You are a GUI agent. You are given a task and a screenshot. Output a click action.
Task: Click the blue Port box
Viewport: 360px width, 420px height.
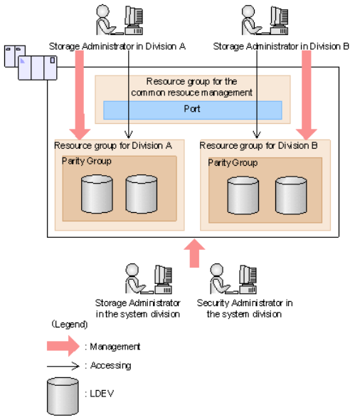click(x=192, y=110)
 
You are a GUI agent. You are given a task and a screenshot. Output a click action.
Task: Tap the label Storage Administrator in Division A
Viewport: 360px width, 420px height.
click(x=117, y=46)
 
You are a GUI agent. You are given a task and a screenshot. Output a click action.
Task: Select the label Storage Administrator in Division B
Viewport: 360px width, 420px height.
click(x=281, y=46)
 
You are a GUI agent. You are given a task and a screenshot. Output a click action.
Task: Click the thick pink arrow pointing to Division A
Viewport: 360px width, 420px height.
click(x=80, y=95)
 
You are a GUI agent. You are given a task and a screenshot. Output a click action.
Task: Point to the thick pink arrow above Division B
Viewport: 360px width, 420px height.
click(x=307, y=95)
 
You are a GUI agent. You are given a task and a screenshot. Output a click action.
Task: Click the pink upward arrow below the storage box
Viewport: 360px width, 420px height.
click(x=194, y=253)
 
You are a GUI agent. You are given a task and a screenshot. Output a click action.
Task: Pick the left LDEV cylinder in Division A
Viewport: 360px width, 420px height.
click(x=97, y=194)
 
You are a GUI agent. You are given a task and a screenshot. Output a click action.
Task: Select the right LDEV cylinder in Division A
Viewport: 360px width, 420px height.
click(x=142, y=194)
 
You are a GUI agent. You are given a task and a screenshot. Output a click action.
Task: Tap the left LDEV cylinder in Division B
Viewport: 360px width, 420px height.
click(x=243, y=195)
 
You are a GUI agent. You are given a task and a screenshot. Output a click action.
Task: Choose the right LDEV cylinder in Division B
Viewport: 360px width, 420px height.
click(x=291, y=195)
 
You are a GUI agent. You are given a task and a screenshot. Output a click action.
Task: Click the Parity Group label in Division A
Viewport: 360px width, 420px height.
click(x=87, y=162)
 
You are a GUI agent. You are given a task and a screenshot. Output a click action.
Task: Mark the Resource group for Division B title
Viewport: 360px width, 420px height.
click(x=258, y=146)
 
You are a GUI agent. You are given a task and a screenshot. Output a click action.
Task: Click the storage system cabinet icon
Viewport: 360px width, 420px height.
click(x=31, y=63)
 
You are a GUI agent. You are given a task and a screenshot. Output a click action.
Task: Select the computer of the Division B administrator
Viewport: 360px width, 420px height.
click(x=279, y=21)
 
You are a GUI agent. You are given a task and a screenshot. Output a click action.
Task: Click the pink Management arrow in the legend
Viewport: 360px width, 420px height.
click(x=63, y=346)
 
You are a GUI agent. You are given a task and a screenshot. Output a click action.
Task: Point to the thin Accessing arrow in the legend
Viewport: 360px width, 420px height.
click(x=63, y=366)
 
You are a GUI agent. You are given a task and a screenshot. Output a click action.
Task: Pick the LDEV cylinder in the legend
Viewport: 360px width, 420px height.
click(x=63, y=397)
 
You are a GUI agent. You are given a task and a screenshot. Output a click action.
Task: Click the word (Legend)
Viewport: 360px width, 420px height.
click(x=70, y=325)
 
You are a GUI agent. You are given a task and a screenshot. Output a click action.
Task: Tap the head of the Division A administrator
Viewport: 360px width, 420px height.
click(x=102, y=11)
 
